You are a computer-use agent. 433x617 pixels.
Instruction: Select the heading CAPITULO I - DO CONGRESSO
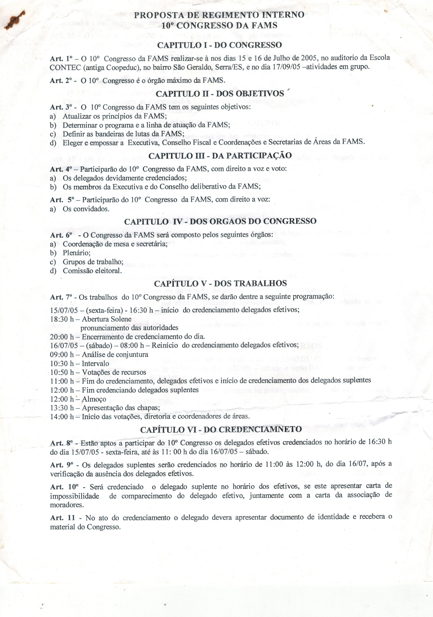click(x=219, y=45)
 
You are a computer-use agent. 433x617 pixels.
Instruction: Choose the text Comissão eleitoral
click(x=92, y=271)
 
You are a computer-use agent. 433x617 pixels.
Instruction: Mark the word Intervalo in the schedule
click(x=95, y=364)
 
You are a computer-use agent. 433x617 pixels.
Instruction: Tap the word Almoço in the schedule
click(x=94, y=399)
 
